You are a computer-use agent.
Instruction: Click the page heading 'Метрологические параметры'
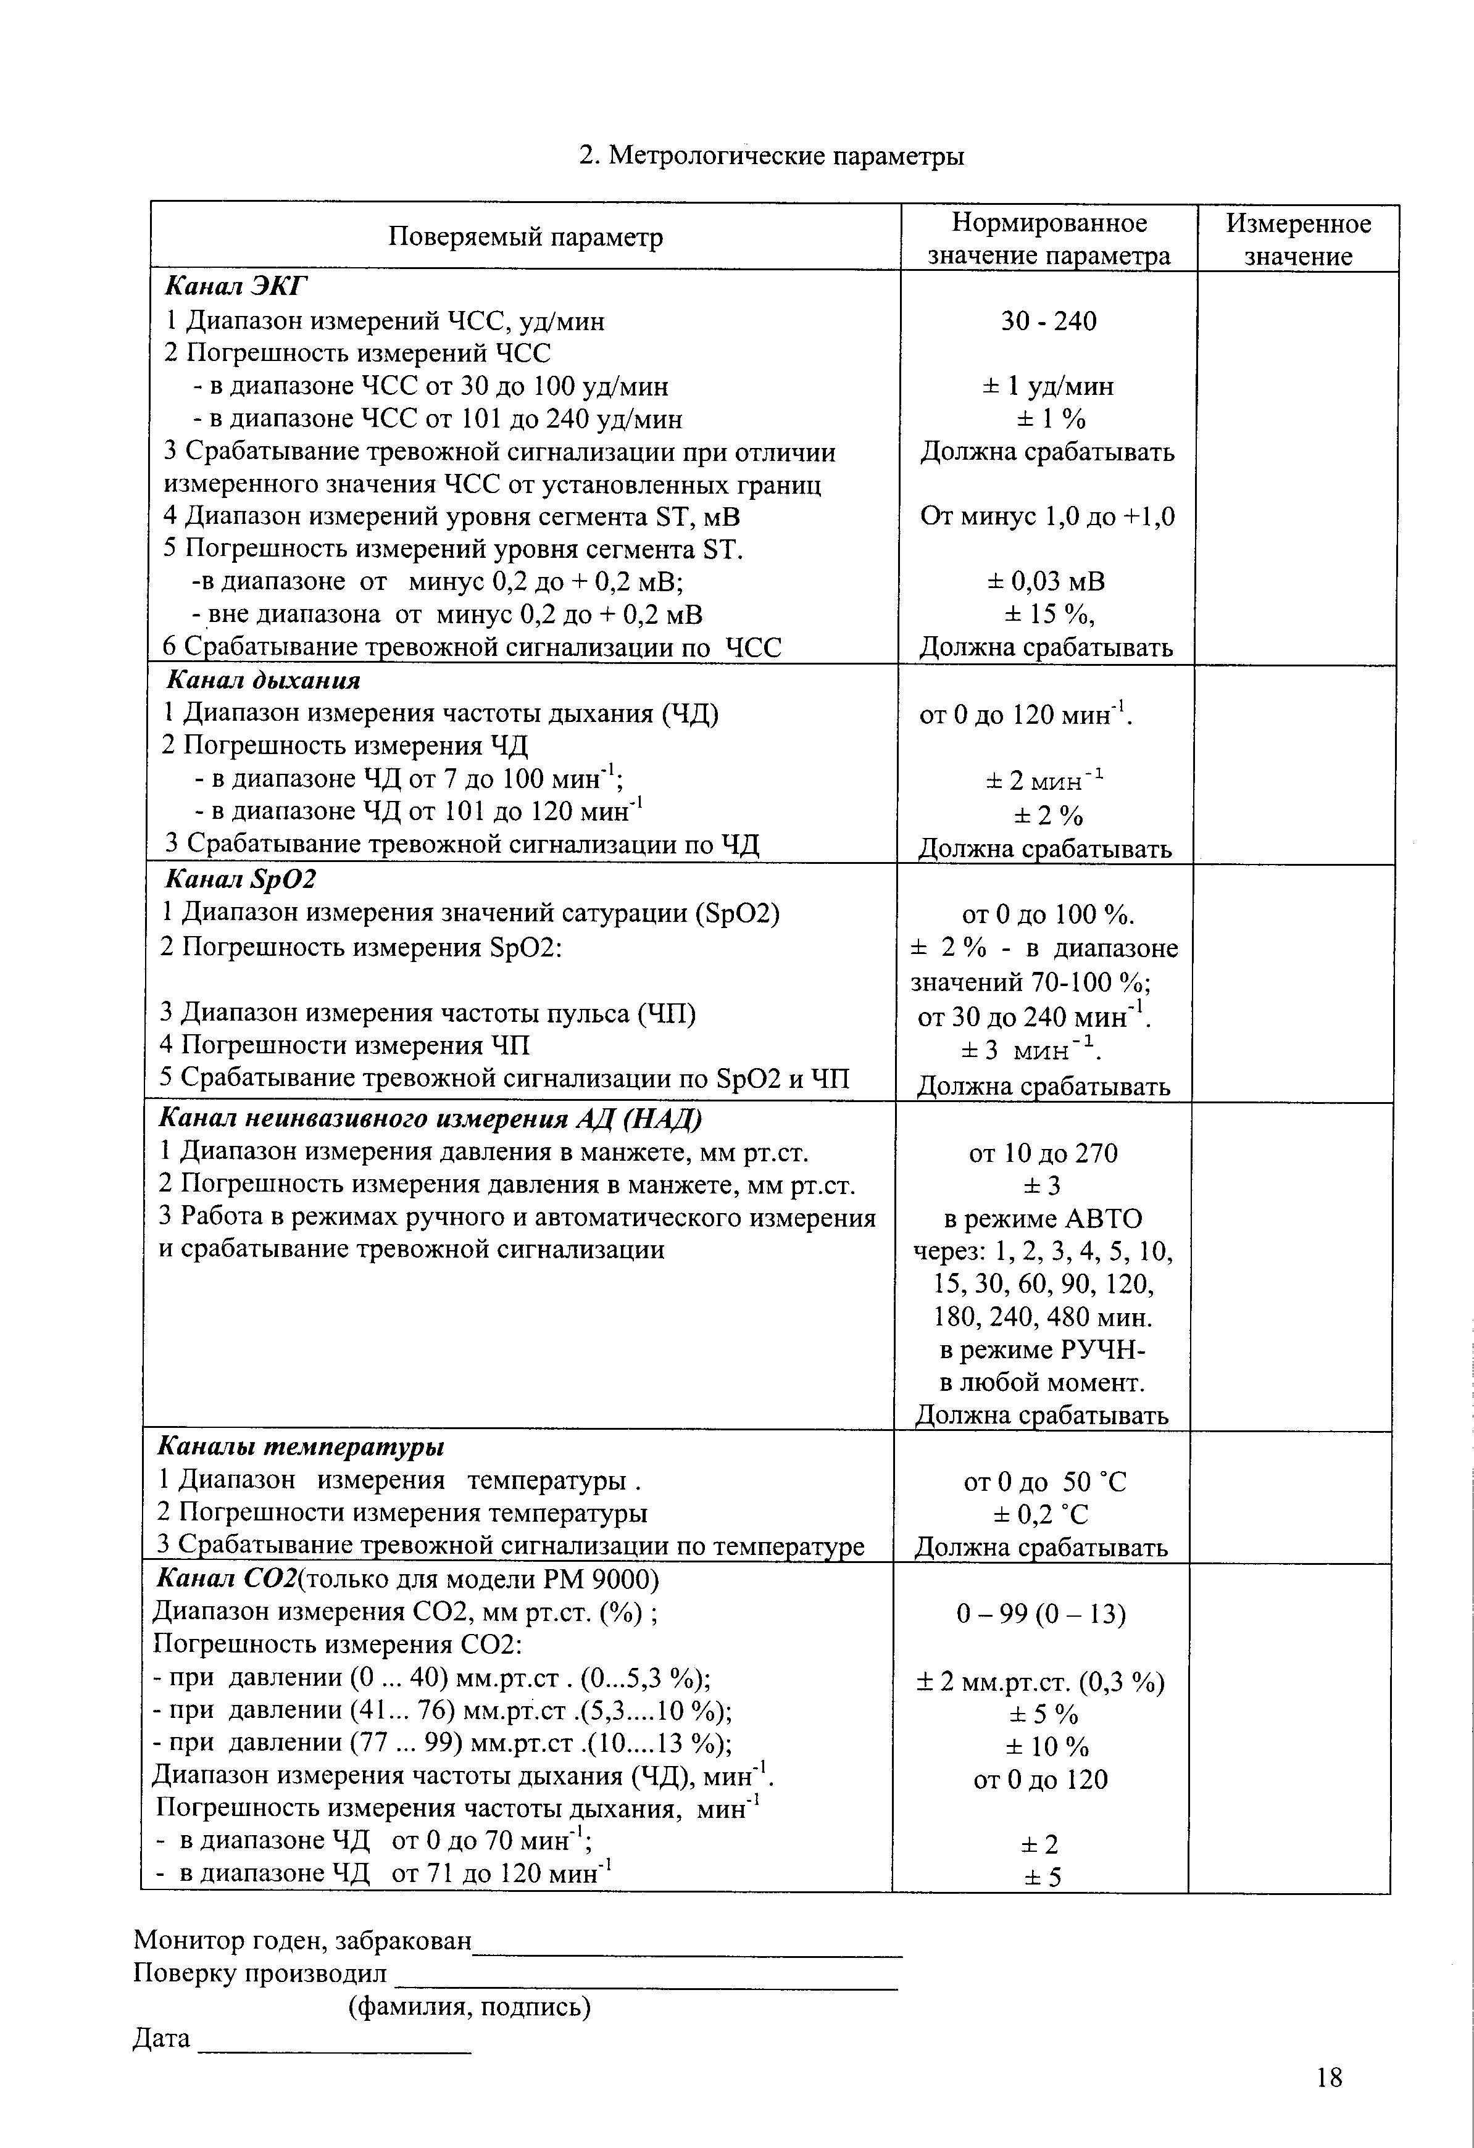coord(785,156)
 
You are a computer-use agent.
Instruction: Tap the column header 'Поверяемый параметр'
coord(525,238)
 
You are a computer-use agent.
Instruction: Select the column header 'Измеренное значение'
coord(1298,239)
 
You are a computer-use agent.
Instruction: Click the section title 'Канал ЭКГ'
coord(235,286)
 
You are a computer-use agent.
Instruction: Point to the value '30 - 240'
coord(1049,321)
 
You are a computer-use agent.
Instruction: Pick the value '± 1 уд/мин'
coord(1049,386)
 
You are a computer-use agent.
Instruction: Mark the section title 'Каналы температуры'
coord(301,1446)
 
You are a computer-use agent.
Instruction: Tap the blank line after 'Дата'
coord(335,2051)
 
